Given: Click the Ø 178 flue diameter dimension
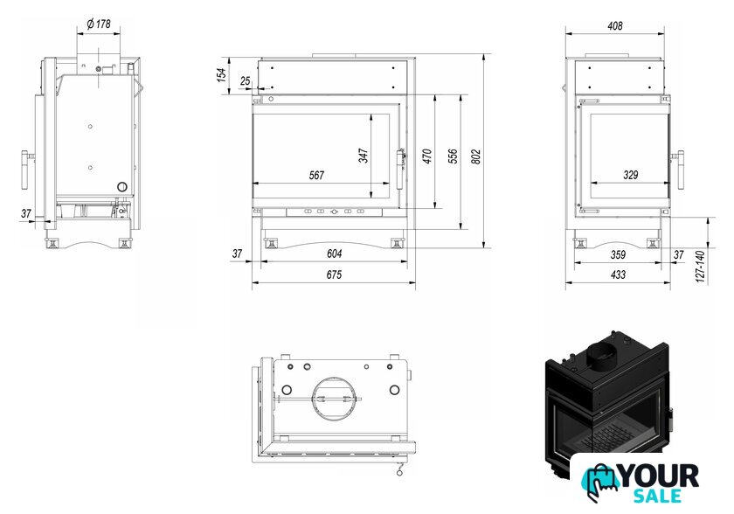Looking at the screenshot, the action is [99, 24].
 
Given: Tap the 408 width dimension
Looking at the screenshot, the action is [614, 25].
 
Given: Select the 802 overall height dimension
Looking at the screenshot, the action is [475, 156].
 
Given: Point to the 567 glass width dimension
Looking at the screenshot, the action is [316, 175].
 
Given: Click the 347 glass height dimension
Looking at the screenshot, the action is [364, 156].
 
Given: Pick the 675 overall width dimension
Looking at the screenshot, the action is [334, 274].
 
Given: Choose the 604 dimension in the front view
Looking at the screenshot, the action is [334, 254].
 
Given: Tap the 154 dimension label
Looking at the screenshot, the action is [221, 75].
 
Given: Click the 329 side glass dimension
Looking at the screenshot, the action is [631, 175].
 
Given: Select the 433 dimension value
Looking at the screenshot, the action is [618, 274].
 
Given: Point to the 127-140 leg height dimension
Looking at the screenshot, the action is [700, 267].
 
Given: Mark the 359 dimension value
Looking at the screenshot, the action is [618, 254].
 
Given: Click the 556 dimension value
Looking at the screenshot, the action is [453, 156].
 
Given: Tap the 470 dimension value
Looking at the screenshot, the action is [427, 156].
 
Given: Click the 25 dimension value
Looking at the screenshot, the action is [246, 81].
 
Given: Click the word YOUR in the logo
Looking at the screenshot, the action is [660, 476].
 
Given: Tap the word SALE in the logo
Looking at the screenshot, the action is [657, 496].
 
